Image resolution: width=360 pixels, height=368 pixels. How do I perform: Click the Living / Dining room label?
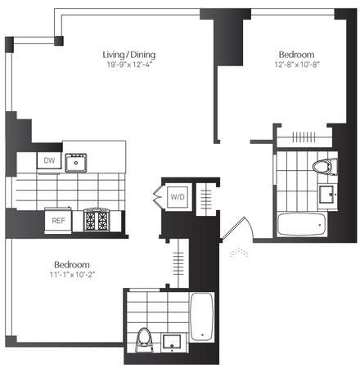click(129, 55)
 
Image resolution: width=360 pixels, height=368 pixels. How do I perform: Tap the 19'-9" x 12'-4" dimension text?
click(129, 65)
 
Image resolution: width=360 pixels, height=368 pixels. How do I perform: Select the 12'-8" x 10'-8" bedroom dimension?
click(297, 65)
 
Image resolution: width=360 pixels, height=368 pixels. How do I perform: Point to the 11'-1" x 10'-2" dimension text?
click(72, 275)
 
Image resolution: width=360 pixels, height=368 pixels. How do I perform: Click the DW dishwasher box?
click(49, 160)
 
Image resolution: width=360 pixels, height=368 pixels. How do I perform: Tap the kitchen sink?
click(76, 163)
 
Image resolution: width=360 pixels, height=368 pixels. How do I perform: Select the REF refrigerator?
click(58, 221)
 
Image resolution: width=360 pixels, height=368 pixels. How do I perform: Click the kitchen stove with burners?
click(97, 220)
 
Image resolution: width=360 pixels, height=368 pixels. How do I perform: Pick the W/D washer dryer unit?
click(178, 197)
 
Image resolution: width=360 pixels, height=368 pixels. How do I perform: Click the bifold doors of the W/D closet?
click(157, 197)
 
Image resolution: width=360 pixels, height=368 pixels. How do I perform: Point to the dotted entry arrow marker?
click(239, 253)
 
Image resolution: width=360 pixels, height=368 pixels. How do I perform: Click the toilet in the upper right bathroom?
click(325, 167)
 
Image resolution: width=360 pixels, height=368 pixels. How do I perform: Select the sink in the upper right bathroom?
click(327, 195)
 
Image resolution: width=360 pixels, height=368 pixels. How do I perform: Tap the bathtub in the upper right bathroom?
click(301, 224)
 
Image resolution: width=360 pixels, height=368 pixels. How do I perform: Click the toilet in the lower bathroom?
click(144, 340)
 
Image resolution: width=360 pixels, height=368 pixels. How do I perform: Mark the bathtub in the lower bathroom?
click(202, 316)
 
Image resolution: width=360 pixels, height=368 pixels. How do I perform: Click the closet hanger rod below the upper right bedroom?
click(304, 137)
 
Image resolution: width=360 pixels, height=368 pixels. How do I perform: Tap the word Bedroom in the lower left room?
click(72, 265)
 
